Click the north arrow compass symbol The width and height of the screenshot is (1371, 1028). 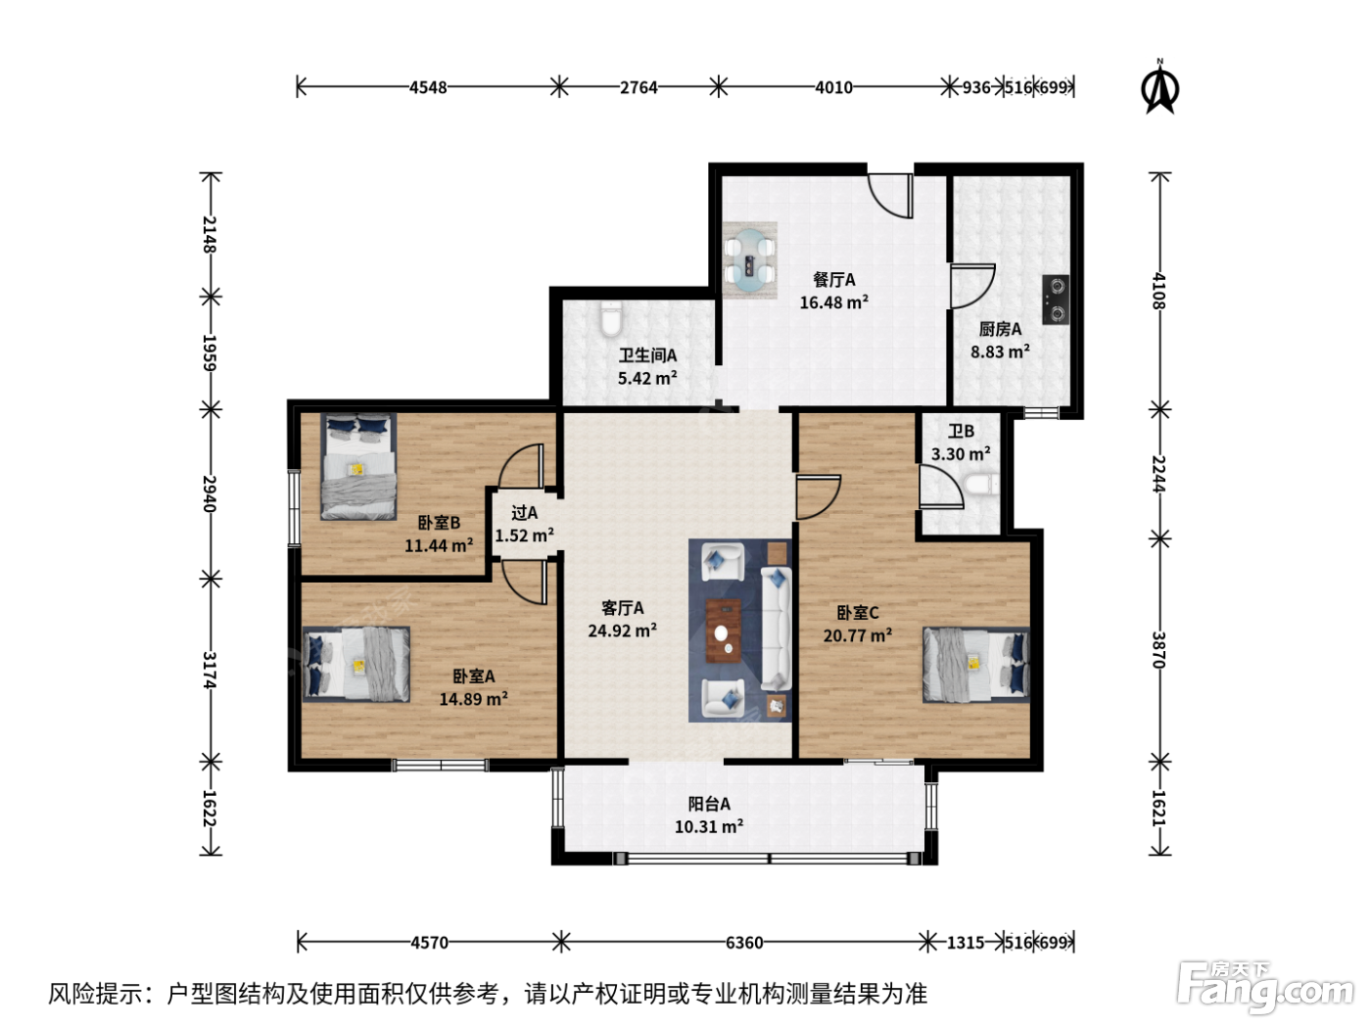1159,89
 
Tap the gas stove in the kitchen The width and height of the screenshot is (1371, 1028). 1055,300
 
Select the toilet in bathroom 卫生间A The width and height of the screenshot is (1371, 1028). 611,317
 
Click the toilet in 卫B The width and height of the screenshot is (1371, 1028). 980,485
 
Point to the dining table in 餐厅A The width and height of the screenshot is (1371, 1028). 749,260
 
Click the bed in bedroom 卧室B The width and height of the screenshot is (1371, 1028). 358,466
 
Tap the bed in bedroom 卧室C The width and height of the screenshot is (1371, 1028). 975,665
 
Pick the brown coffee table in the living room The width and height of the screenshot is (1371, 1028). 724,631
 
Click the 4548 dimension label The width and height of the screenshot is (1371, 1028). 428,87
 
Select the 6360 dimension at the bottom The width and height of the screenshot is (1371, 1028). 744,943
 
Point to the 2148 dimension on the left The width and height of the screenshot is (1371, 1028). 210,234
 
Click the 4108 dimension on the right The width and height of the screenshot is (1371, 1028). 1158,291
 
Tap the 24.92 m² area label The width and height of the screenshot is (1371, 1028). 622,631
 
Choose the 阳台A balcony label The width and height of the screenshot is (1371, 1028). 709,804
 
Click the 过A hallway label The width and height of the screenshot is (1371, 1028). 524,513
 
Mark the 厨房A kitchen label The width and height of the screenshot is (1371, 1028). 1000,329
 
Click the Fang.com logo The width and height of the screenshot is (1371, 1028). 1265,987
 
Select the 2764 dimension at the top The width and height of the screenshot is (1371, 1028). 638,87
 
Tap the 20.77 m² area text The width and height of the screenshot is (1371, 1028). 858,636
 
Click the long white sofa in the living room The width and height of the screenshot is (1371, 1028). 777,630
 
